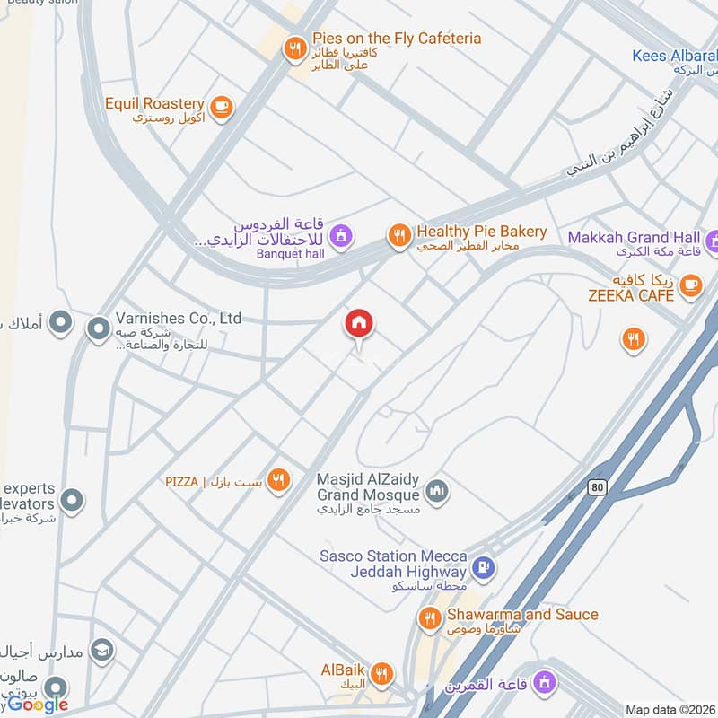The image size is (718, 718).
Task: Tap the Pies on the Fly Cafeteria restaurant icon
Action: (x=294, y=49)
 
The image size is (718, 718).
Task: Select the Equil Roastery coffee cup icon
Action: (x=222, y=108)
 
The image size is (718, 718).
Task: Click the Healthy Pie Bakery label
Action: (x=481, y=232)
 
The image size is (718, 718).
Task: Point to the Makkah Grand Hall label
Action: (x=634, y=238)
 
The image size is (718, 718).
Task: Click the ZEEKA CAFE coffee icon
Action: (x=689, y=285)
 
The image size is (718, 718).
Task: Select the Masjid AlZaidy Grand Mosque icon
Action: (x=437, y=490)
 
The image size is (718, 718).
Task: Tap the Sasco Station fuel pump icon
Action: (x=483, y=567)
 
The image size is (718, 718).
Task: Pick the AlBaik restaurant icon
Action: (x=382, y=672)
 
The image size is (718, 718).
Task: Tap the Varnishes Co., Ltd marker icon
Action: (x=98, y=329)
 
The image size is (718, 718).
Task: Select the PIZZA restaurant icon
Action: (x=278, y=481)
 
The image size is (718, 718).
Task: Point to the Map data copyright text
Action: (x=669, y=710)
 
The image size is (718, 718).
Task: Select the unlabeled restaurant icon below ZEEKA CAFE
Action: (x=633, y=338)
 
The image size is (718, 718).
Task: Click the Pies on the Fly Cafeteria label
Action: (x=397, y=39)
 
